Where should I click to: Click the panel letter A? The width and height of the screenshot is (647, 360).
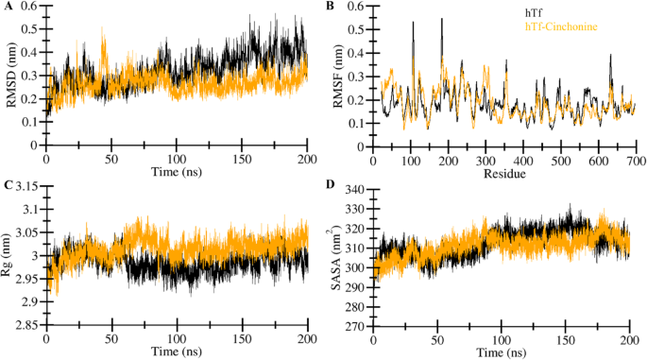[7, 6]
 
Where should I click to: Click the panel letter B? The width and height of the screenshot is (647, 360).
[330, 6]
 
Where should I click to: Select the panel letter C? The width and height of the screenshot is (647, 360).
[6, 185]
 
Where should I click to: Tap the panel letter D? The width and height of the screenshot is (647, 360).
[331, 185]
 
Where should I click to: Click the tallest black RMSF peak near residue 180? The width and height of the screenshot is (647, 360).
[441, 20]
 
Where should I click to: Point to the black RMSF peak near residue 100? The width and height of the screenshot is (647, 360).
[413, 23]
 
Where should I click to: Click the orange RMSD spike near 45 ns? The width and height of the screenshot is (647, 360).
[103, 31]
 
